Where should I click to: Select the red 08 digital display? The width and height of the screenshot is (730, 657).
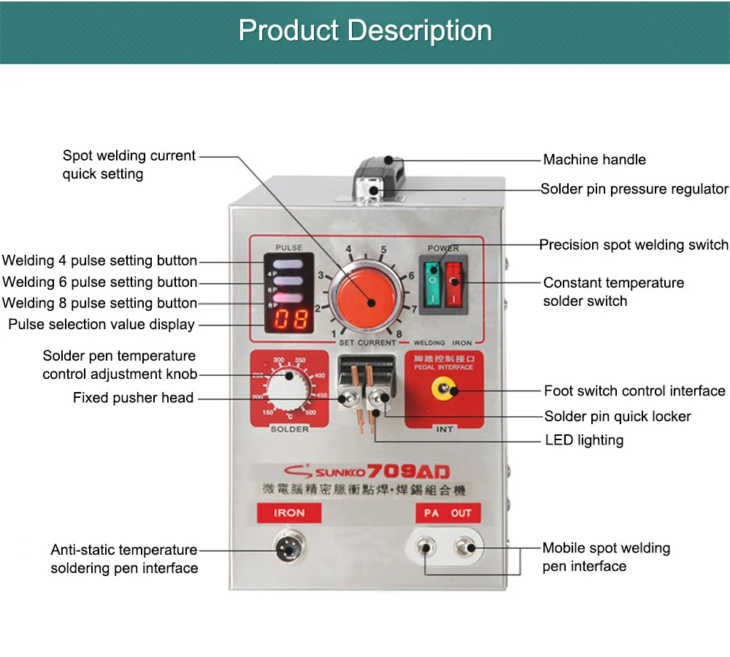point(290,319)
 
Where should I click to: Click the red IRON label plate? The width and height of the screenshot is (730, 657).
point(289,513)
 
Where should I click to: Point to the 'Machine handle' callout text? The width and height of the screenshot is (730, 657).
point(594,160)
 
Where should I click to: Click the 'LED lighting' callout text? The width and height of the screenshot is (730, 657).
point(584,440)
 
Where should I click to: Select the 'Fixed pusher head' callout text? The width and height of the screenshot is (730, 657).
point(133,398)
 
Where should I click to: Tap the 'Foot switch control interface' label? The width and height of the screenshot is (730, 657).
point(634,391)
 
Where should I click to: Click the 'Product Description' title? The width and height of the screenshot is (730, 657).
point(365,31)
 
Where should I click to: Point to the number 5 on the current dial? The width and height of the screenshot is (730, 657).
point(383,250)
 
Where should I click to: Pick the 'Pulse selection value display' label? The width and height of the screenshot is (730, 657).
point(101,324)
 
